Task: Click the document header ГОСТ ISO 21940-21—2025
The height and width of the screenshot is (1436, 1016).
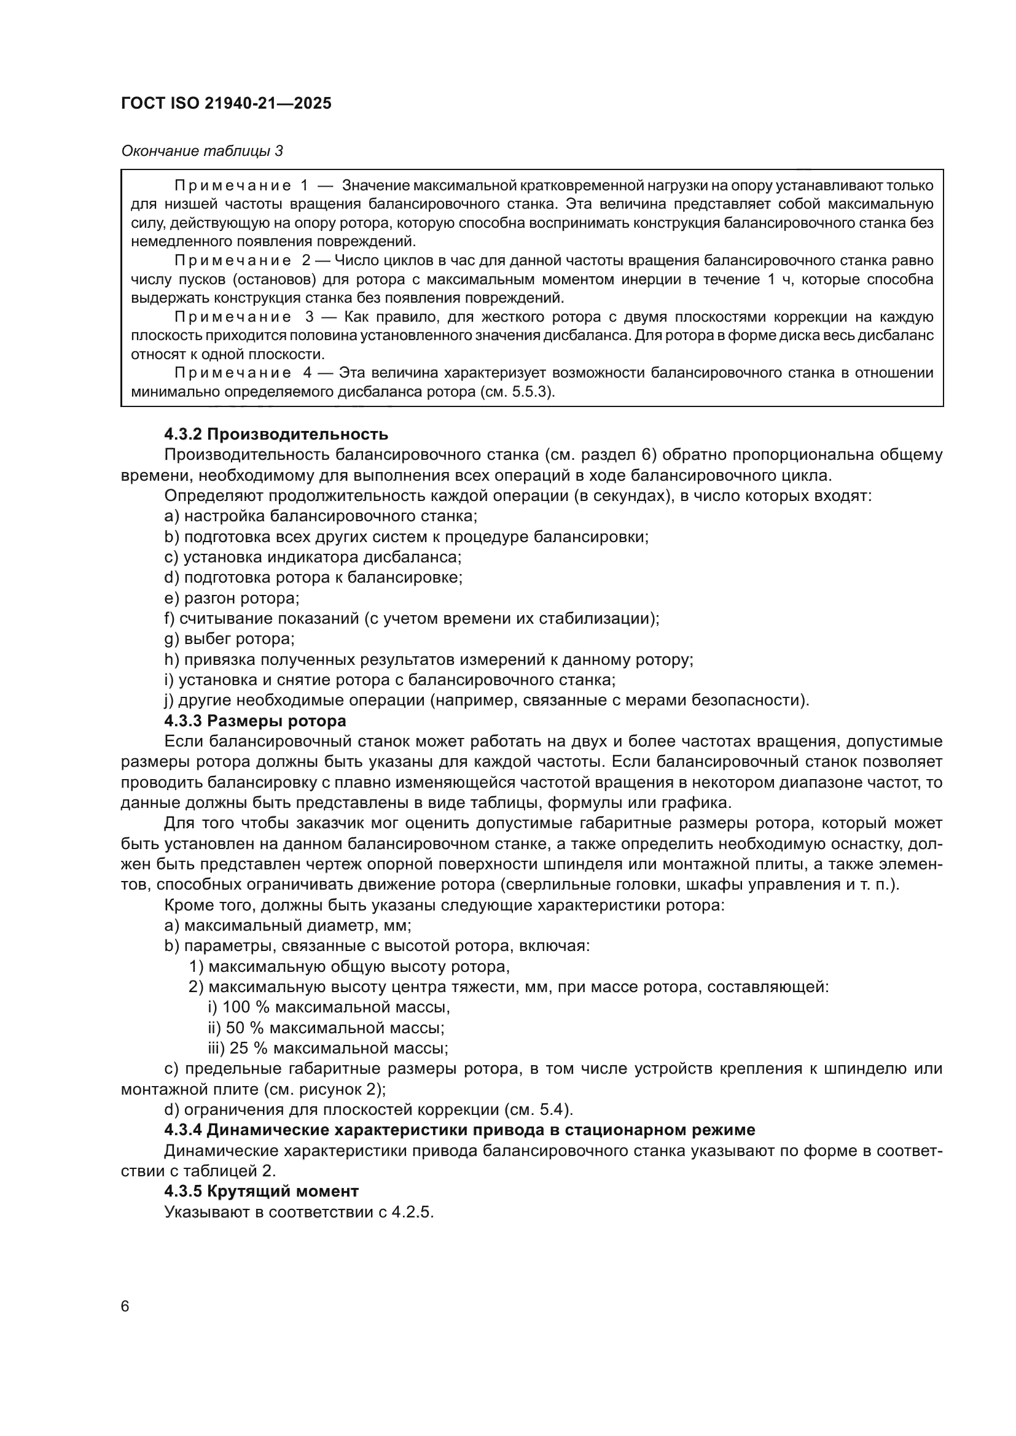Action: coord(226,104)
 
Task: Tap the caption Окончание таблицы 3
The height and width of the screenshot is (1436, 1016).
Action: coord(201,152)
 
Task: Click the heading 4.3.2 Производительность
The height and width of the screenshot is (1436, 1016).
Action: coord(276,434)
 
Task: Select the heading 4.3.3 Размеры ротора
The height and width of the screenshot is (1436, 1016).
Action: coord(255,721)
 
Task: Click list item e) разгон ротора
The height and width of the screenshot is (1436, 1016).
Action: coord(232,598)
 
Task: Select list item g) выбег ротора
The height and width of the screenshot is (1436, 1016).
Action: coord(229,638)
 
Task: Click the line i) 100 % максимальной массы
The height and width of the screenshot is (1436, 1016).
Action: coord(329,1007)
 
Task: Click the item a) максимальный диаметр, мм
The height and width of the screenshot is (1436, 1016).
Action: coord(287,925)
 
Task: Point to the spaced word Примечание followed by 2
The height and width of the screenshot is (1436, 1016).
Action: coord(233,261)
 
